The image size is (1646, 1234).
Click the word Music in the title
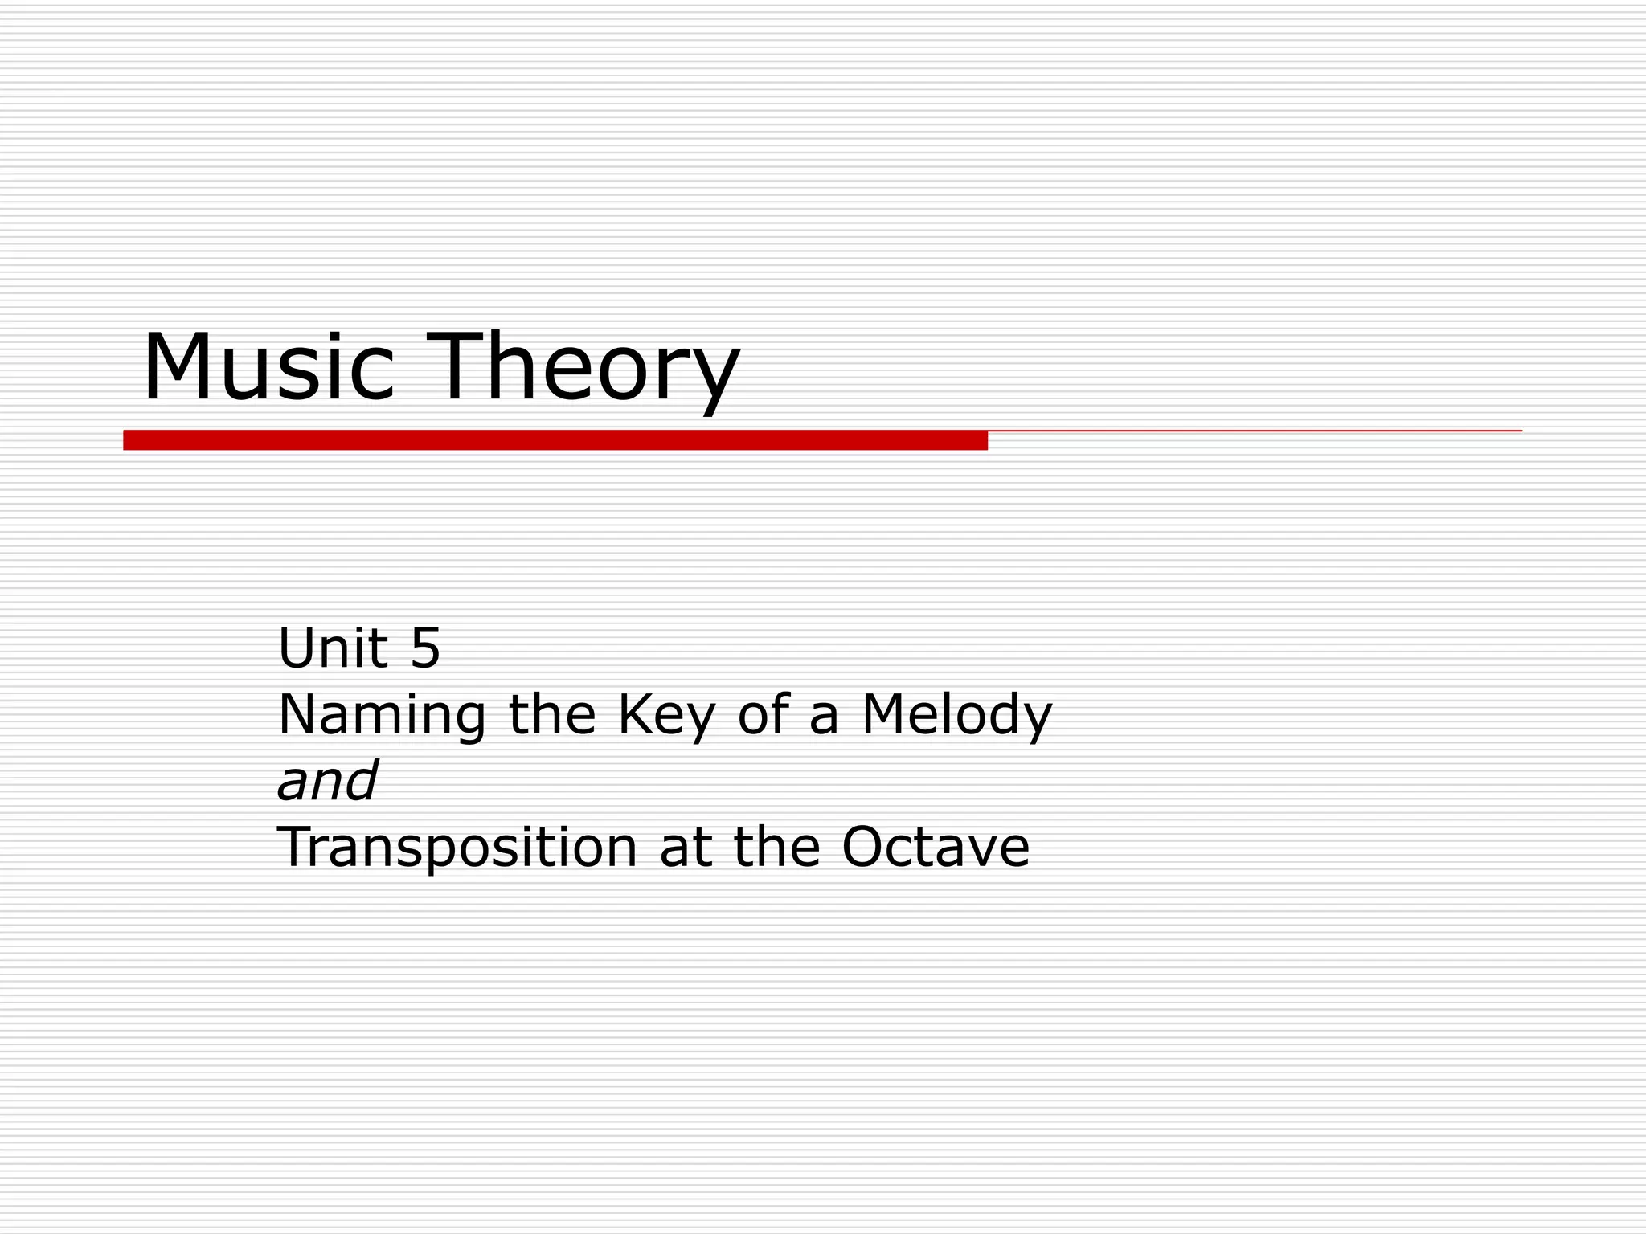click(268, 367)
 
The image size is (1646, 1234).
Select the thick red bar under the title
click(555, 440)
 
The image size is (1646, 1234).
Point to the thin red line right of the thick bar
click(1254, 431)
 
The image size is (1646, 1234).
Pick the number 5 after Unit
click(425, 648)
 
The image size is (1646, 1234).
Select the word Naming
click(382, 716)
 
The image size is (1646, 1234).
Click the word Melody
click(956, 716)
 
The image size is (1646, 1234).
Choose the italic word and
click(326, 781)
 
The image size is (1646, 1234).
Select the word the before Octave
click(776, 847)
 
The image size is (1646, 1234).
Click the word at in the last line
click(686, 848)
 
